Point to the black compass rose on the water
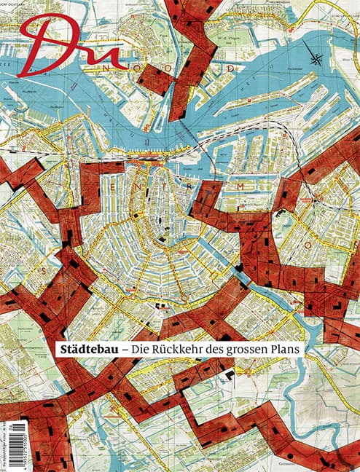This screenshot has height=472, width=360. [318, 59]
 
